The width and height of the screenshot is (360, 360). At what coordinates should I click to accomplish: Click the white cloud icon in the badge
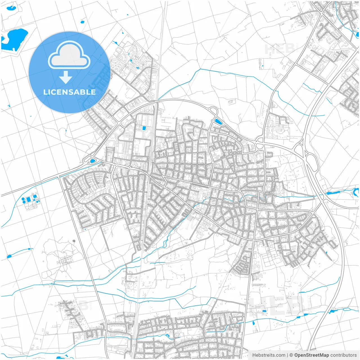tap(69, 55)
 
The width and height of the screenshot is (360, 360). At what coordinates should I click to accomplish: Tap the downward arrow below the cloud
tap(66, 77)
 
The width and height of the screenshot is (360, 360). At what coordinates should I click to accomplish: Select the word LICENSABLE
tap(69, 92)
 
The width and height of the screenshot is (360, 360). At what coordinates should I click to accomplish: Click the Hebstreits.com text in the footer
tap(269, 355)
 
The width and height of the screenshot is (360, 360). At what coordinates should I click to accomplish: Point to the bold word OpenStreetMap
tap(311, 355)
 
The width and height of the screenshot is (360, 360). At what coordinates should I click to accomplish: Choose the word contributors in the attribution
tap(343, 355)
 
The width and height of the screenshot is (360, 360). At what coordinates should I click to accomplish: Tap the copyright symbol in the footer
tap(291, 355)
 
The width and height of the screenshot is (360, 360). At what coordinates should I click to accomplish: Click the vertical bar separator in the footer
tap(287, 355)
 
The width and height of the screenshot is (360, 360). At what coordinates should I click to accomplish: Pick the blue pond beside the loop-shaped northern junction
tap(218, 122)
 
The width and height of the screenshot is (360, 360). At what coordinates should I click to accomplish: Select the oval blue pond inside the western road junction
tap(92, 161)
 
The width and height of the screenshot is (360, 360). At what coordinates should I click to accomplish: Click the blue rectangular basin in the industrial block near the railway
tap(144, 128)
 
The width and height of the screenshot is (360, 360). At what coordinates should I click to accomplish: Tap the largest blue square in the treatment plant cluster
tap(29, 199)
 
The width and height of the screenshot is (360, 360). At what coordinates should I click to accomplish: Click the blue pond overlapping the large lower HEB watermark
tap(264, 311)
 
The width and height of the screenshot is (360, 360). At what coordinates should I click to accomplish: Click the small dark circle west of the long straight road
tap(74, 241)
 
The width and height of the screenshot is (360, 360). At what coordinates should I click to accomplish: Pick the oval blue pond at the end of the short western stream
tap(9, 256)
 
